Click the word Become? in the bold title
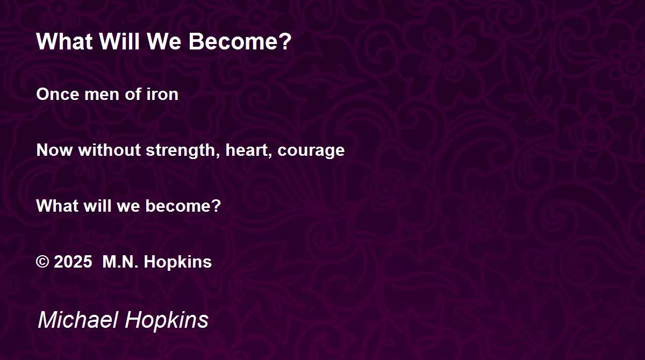pos(240,41)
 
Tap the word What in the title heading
pos(64,41)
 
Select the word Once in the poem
pos(58,94)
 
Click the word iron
pos(162,94)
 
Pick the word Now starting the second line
pos(54,150)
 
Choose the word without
pos(110,150)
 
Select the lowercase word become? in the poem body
pos(183,206)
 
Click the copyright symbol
pos(42,262)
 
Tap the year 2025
pos(73,262)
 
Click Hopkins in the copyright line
pos(178,262)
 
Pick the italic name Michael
pos(78,319)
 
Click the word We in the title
pos(164,41)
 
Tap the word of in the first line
pos(133,94)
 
